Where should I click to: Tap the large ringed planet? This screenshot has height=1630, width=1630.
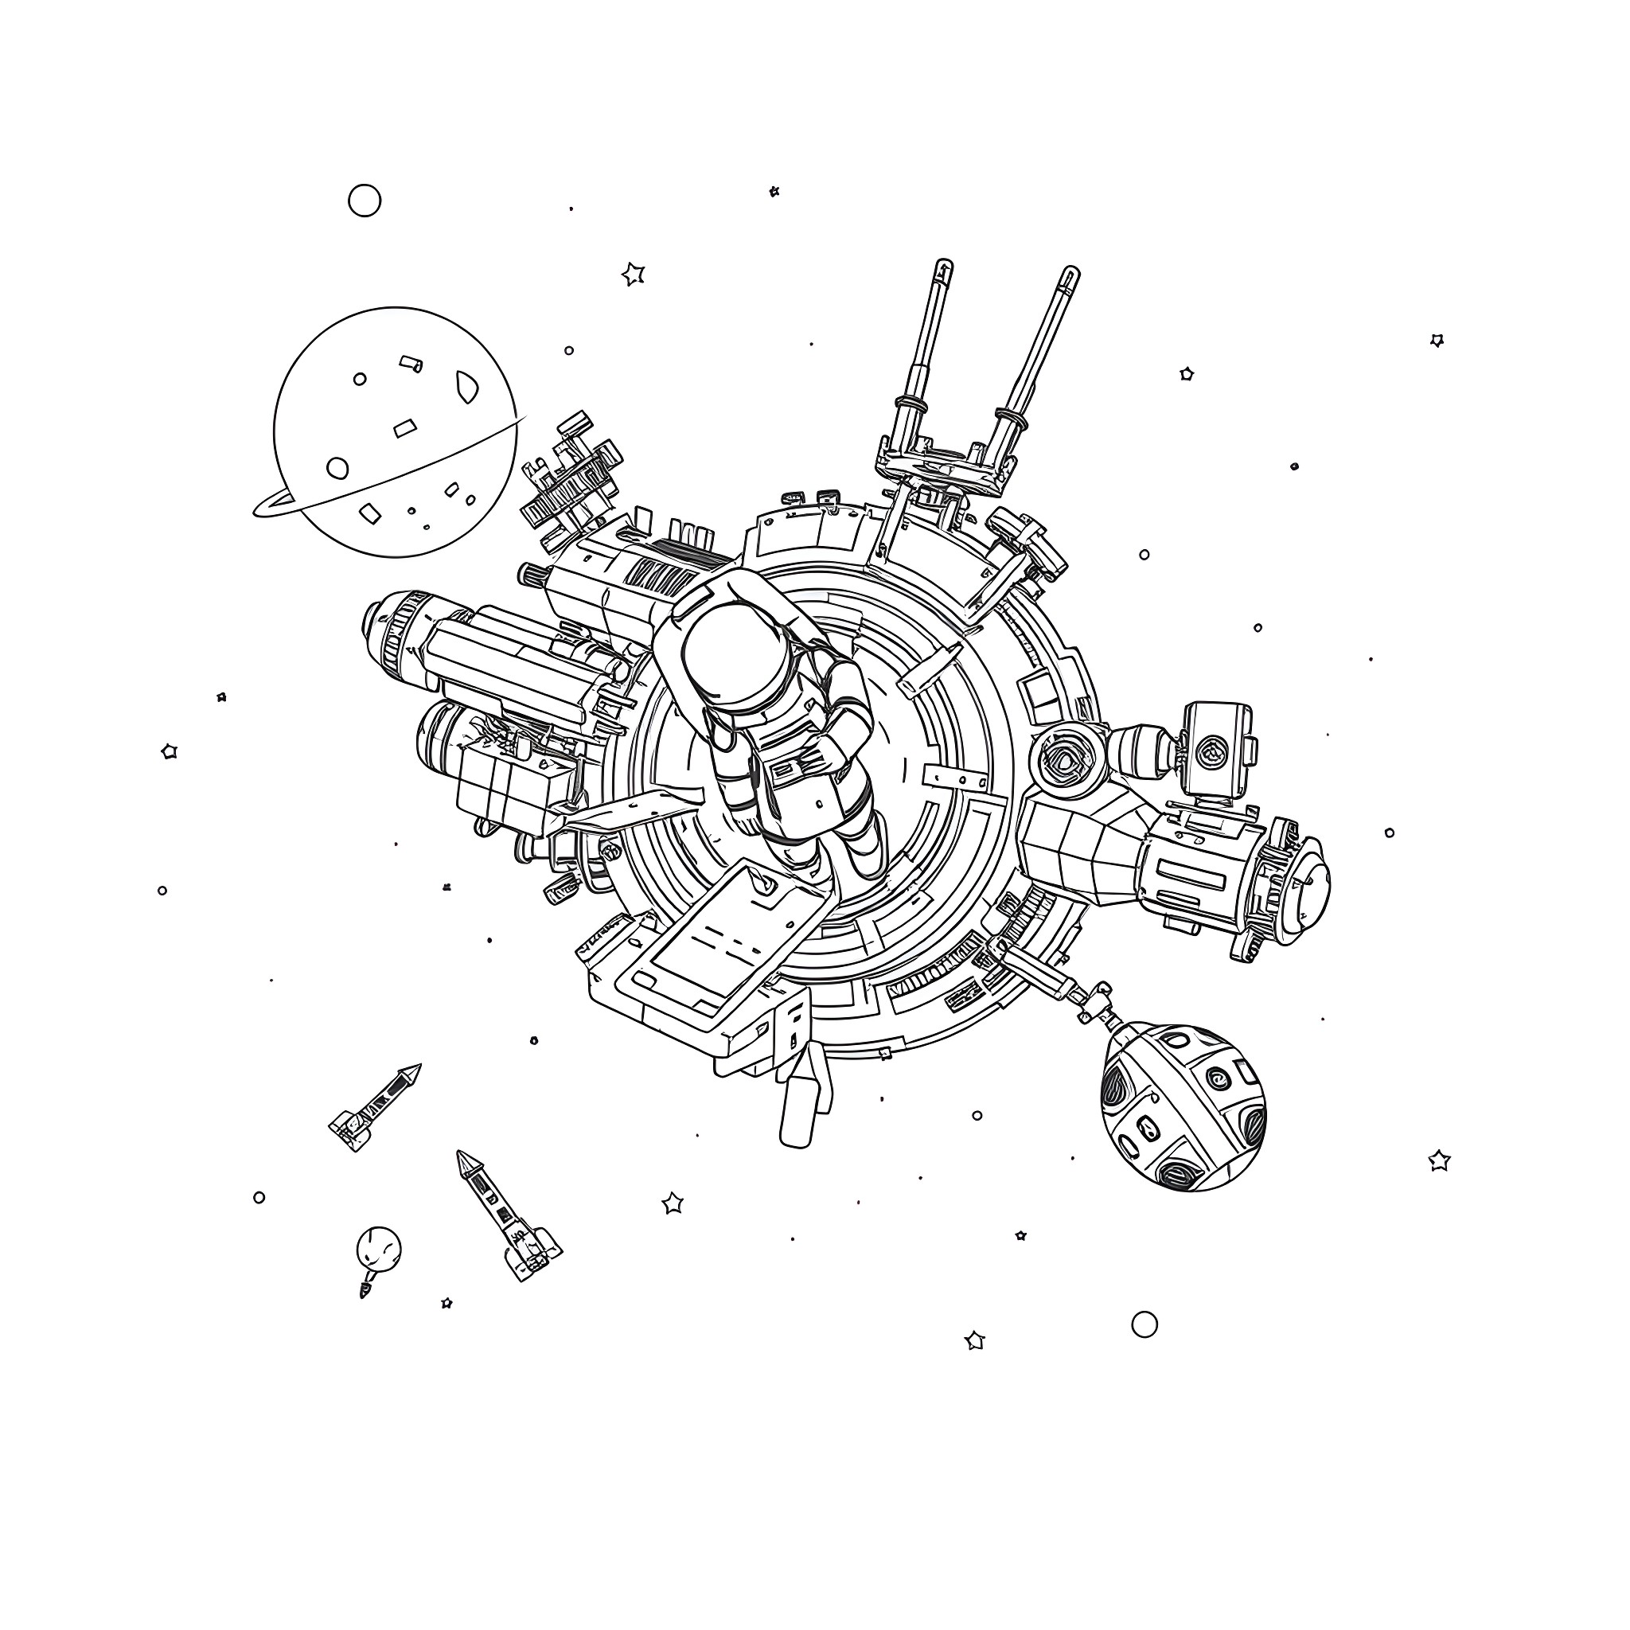click(x=394, y=432)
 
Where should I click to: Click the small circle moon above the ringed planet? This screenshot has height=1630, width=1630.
click(x=365, y=201)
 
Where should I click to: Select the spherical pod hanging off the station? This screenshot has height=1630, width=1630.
click(x=1183, y=1106)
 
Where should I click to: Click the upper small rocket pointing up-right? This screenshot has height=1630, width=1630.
click(x=375, y=1107)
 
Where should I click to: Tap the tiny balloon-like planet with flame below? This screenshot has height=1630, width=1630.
click(x=379, y=1248)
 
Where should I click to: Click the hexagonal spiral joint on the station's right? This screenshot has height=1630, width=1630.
click(x=1065, y=757)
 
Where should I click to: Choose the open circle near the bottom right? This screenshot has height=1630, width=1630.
click(x=1144, y=1324)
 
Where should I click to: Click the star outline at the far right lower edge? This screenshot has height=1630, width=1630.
click(x=1439, y=1161)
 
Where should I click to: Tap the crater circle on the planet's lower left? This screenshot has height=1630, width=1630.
click(x=337, y=468)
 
